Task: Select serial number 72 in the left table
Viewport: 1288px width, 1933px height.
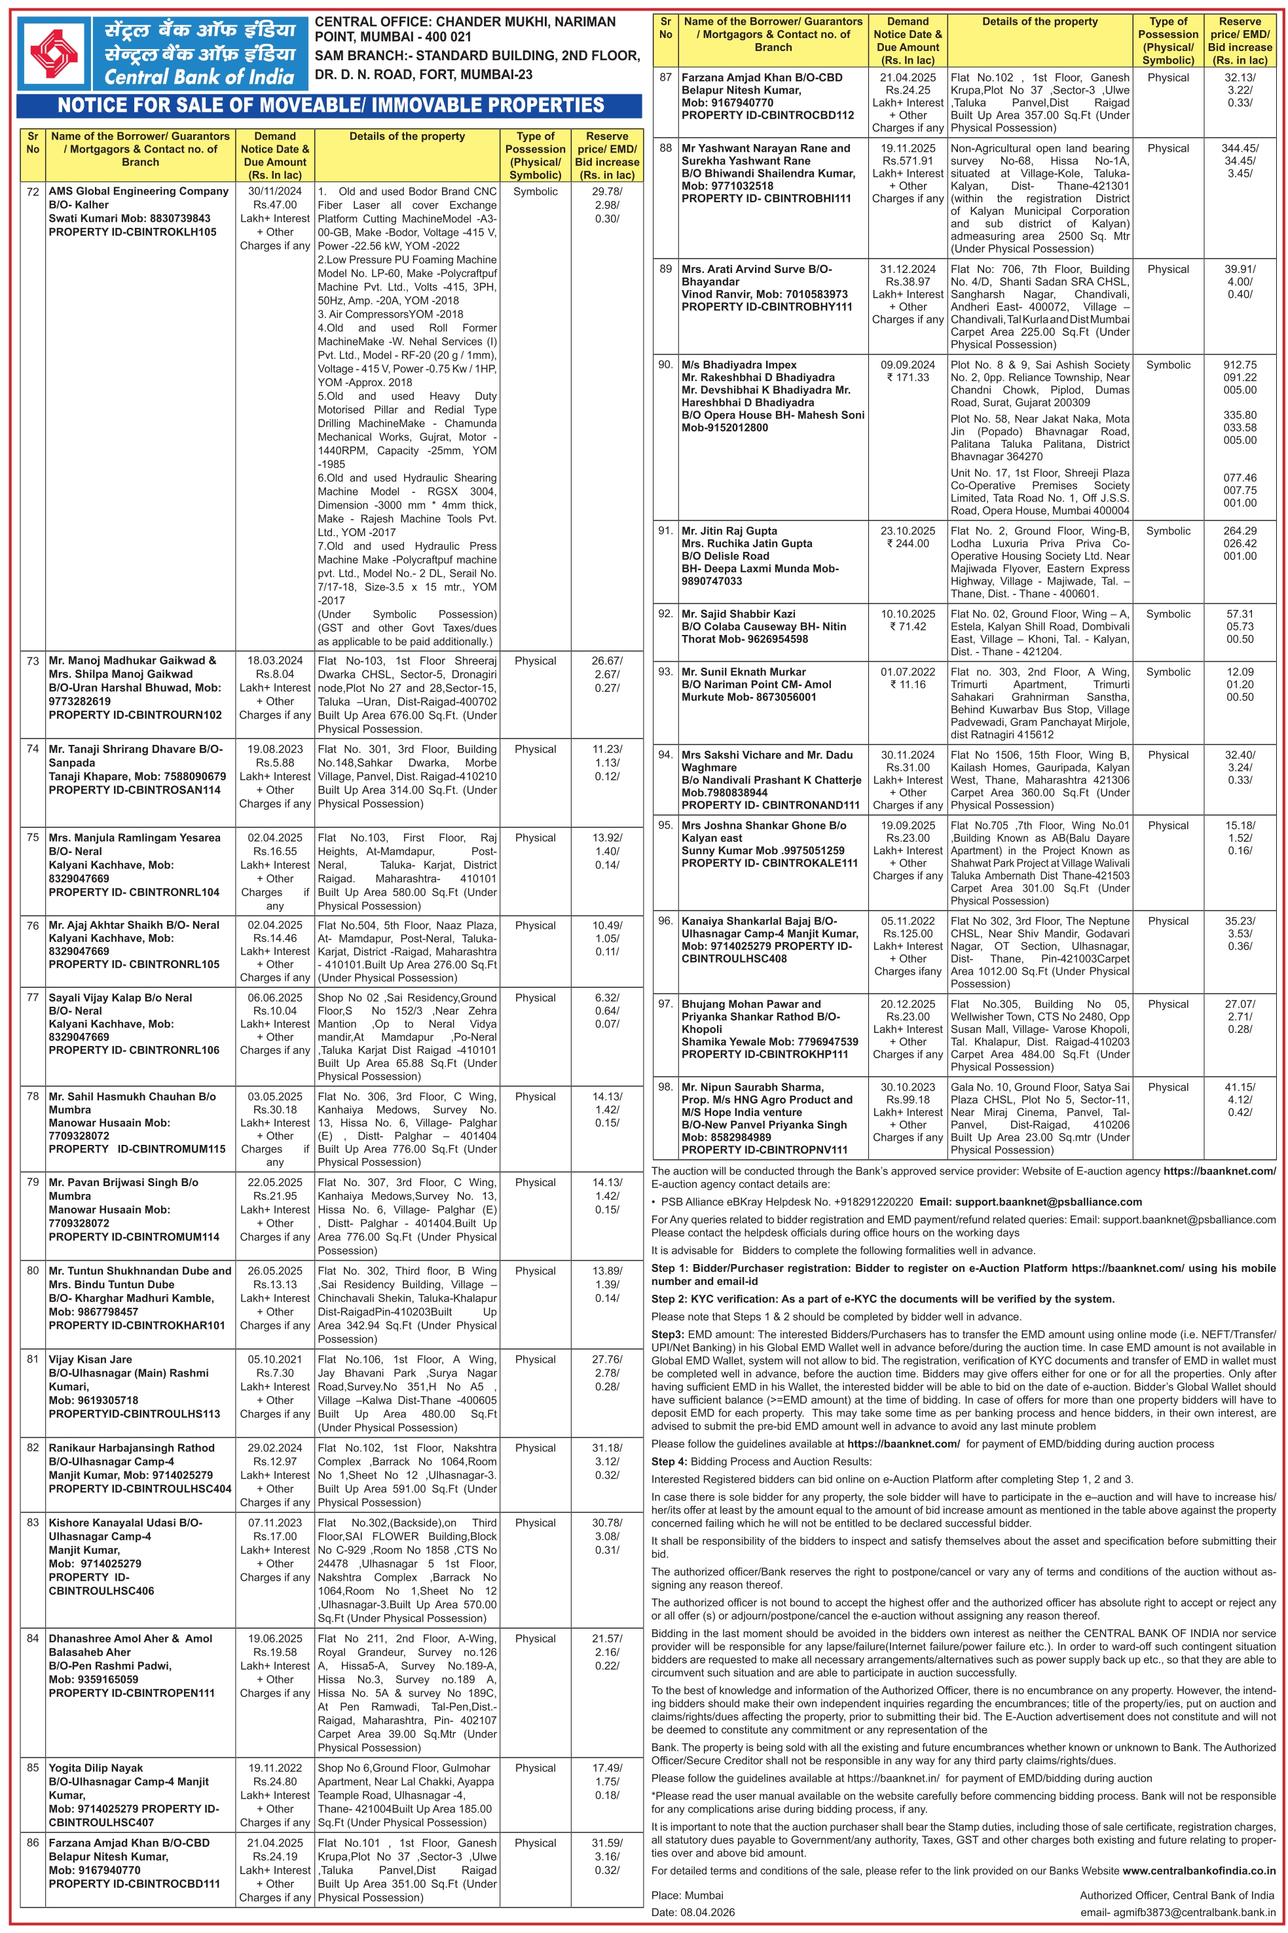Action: click(33, 191)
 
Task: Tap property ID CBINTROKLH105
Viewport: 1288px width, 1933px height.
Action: click(132, 232)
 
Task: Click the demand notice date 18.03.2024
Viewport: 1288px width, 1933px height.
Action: click(274, 660)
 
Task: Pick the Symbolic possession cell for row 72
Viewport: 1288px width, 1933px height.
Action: click(535, 191)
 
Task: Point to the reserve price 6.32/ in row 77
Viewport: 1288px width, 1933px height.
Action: click(607, 998)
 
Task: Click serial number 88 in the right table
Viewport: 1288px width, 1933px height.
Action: click(665, 149)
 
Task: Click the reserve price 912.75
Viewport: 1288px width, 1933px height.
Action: click(1240, 365)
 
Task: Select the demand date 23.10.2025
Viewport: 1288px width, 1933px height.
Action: click(908, 532)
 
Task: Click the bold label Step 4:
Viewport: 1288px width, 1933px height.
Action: click(669, 1462)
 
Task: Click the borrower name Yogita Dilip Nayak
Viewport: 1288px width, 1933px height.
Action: click(96, 1768)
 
